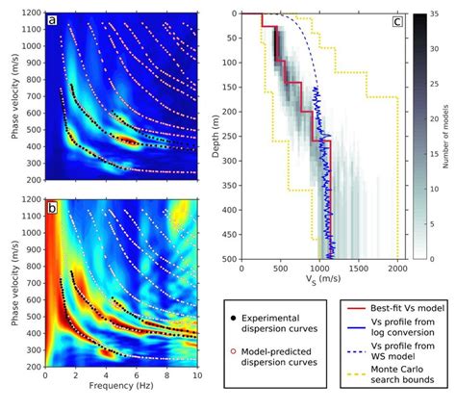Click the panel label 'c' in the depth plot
(x=397, y=21)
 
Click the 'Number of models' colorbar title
(x=450, y=136)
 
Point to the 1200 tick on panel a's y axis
(x=29, y=13)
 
